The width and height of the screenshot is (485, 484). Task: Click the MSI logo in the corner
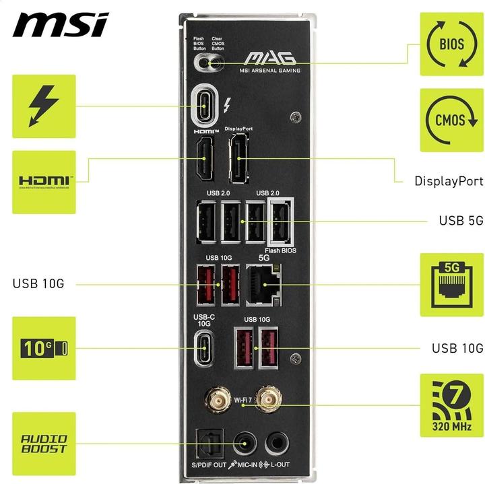click(60, 25)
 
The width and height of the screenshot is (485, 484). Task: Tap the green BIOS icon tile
click(451, 44)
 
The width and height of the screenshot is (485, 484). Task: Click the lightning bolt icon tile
click(44, 106)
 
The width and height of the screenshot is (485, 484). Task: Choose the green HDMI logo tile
click(44, 181)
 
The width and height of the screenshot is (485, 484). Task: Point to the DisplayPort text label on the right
click(449, 181)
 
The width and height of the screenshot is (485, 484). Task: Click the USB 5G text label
click(461, 221)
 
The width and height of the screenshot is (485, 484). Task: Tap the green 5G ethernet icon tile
click(451, 285)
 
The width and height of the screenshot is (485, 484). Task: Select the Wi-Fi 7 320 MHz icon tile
click(451, 406)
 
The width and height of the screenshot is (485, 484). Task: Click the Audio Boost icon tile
click(44, 444)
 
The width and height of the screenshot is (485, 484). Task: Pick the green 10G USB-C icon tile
click(44, 348)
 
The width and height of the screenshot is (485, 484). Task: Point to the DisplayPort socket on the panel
click(238, 159)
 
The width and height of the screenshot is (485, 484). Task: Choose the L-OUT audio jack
click(276, 443)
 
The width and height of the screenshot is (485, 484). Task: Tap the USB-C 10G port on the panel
click(203, 348)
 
